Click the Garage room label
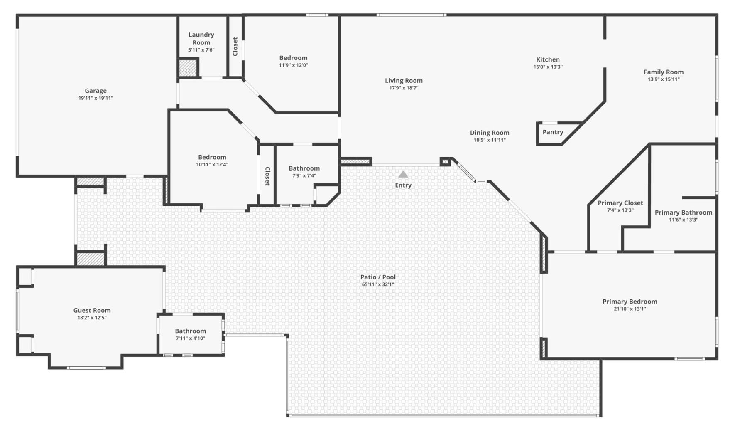(96, 91)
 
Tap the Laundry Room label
(201, 38)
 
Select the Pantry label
(553, 132)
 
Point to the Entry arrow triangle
(403, 174)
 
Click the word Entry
(403, 185)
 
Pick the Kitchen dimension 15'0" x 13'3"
(548, 67)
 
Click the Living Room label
(404, 81)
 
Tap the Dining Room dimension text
(490, 140)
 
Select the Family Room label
(664, 72)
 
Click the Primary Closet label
(620, 203)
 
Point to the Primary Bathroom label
(683, 213)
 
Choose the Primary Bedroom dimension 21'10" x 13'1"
(630, 309)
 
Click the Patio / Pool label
(378, 277)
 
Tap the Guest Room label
(92, 310)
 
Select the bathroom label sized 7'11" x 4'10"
(190, 331)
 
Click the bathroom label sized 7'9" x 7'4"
(304, 168)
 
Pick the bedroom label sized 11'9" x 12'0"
(293, 58)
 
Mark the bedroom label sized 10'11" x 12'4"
(212, 157)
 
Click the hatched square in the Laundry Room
(187, 68)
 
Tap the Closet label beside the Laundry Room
(235, 46)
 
